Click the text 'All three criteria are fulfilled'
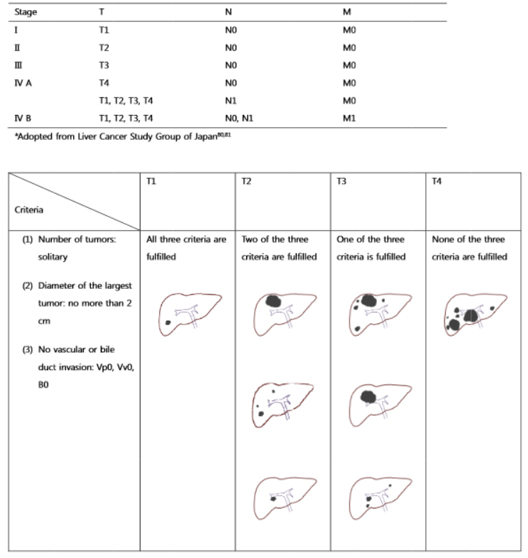tap(186, 248)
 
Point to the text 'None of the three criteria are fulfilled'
tap(469, 248)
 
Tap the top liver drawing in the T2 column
tap(282, 310)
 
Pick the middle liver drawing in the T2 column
tap(282, 403)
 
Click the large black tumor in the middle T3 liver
tap(368, 397)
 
